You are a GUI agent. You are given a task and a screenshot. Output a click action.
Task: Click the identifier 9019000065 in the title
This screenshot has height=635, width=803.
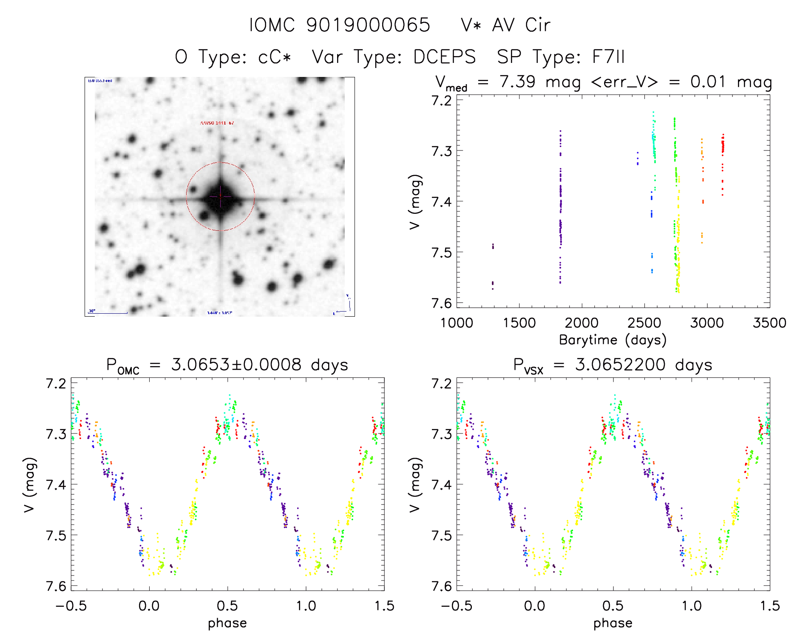[368, 25]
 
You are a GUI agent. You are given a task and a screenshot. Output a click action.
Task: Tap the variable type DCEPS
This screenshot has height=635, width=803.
[444, 57]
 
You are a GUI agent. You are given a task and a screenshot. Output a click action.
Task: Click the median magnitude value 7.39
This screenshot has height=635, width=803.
[517, 82]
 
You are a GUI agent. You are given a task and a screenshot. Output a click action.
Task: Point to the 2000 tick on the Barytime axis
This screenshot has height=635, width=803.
[582, 323]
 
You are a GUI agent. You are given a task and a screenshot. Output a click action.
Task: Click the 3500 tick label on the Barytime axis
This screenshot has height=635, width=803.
[769, 323]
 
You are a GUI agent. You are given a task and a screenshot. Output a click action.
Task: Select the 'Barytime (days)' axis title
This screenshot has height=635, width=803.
[613, 340]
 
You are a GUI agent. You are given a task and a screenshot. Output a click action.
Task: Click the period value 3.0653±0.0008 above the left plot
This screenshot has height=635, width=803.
[236, 365]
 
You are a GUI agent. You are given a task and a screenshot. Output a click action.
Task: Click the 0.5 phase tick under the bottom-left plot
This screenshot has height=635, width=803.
[227, 606]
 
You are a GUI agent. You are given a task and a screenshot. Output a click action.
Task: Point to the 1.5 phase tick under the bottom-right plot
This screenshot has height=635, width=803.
[769, 606]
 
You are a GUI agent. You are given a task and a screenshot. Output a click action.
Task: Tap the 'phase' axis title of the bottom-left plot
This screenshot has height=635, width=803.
[227, 623]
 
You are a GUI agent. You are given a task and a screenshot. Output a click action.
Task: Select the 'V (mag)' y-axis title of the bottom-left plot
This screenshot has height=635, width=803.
[30, 485]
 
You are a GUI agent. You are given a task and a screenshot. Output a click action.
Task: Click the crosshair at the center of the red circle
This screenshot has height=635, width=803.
[220, 196]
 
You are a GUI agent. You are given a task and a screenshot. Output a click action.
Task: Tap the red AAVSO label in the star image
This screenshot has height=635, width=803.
[217, 123]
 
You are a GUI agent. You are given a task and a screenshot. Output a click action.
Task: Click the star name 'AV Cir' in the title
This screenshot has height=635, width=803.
[521, 25]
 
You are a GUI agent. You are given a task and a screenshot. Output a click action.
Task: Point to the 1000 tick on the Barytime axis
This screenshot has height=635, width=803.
[457, 323]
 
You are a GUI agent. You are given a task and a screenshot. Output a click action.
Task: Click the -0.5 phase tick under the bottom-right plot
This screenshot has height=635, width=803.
[457, 606]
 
